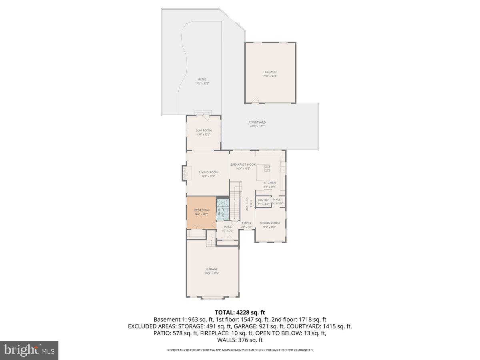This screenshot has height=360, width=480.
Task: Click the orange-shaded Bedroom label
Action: [x=201, y=210]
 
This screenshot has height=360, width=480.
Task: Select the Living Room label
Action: [x=208, y=172]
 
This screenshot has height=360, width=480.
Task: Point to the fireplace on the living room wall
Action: [x=184, y=172]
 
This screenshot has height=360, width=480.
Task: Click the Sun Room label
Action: [x=204, y=130]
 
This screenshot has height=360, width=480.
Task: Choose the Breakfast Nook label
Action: [x=243, y=164]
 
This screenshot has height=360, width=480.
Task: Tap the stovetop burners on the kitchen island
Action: [x=266, y=168]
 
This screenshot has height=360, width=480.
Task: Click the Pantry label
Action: [x=263, y=200]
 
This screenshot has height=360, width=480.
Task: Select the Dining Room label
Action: [x=270, y=223]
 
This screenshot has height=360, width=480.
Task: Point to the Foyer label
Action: [x=246, y=223]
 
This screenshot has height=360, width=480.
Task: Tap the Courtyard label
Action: [x=257, y=122]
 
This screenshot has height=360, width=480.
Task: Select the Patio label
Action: [x=202, y=80]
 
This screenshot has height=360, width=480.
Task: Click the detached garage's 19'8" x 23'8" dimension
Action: [x=270, y=76]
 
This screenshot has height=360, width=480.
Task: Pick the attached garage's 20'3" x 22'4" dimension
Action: [x=212, y=273]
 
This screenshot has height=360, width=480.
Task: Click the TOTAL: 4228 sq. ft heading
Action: [x=240, y=312]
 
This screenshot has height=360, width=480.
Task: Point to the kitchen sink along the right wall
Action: [x=283, y=170]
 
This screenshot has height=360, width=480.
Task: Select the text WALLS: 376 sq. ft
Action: [x=240, y=340]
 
